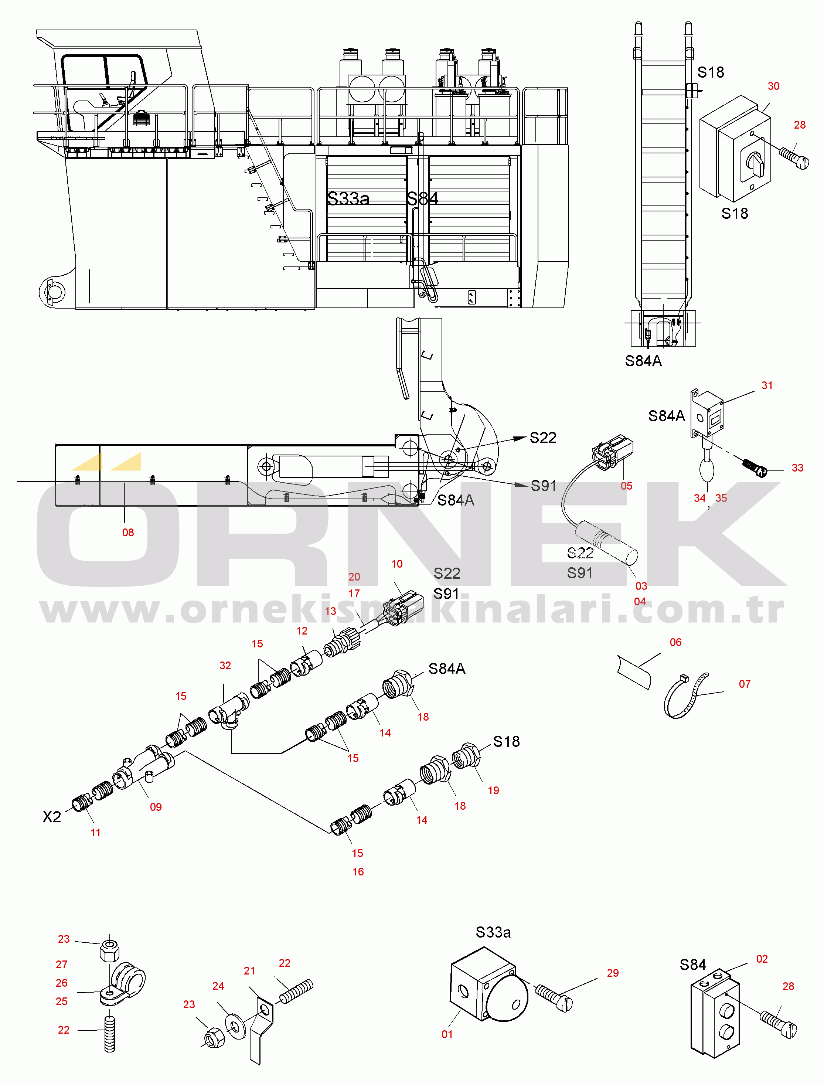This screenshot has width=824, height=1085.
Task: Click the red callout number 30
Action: pyautogui.click(x=773, y=86)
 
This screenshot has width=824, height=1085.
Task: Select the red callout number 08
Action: pyautogui.click(x=128, y=533)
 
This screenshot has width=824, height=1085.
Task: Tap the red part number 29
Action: pyautogui.click(x=613, y=973)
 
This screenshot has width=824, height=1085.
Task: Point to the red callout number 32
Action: pyautogui.click(x=225, y=666)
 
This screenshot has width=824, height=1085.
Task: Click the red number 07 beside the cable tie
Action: pyautogui.click(x=745, y=684)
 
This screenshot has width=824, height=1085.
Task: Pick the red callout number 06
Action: pyautogui.click(x=675, y=643)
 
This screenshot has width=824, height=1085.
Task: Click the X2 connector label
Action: pyautogui.click(x=51, y=817)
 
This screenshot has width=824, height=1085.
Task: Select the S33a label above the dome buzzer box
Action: pyautogui.click(x=493, y=932)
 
